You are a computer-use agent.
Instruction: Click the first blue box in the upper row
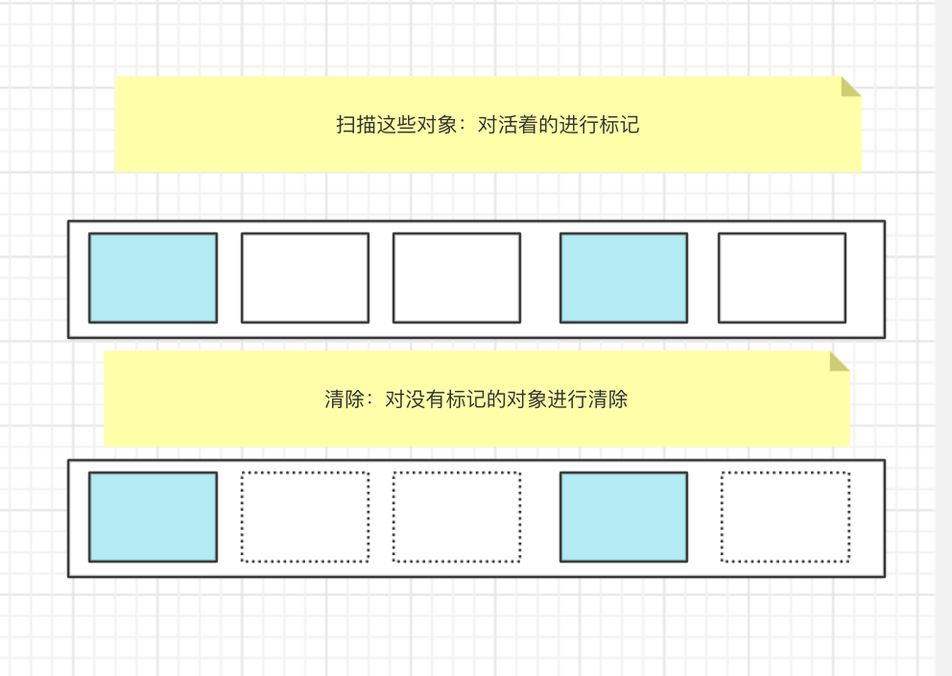tap(153, 278)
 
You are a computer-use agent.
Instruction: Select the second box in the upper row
tap(304, 278)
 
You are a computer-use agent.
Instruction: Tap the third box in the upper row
tap(457, 278)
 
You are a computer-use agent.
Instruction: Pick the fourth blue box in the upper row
tap(623, 278)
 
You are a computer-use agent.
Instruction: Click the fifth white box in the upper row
tap(782, 278)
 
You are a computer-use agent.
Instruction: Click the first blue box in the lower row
tap(153, 517)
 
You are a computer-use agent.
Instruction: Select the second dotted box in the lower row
tap(304, 517)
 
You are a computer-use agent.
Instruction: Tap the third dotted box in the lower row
tap(457, 517)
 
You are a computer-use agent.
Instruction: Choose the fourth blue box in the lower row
tap(623, 517)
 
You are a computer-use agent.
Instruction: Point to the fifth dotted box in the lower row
tap(785, 517)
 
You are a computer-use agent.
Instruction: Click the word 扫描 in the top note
tap(355, 125)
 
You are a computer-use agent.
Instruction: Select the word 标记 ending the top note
tap(620, 125)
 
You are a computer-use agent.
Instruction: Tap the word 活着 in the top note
tap(517, 125)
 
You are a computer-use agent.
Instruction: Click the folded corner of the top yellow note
tap(850, 86)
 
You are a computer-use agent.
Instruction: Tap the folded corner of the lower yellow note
tap(839, 361)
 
